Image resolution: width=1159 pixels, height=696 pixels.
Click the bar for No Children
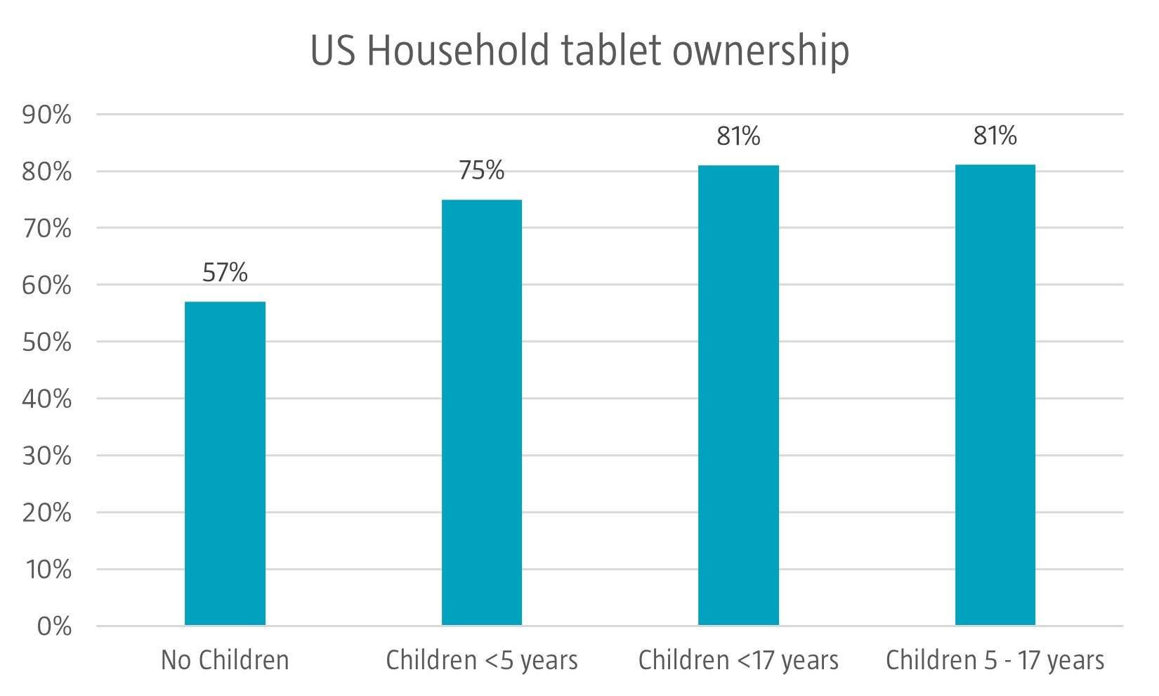click(x=225, y=463)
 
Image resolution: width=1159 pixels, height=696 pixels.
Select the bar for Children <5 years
click(x=482, y=413)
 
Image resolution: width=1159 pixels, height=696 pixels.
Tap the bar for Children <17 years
click(x=738, y=395)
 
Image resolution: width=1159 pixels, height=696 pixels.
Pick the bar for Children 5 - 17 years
click(x=995, y=395)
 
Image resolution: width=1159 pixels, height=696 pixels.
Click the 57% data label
click(x=225, y=273)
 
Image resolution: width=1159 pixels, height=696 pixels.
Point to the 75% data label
click(x=482, y=171)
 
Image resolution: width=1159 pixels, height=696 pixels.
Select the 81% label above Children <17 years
click(x=738, y=136)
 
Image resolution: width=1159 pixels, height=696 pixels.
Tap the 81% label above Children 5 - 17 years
click(x=995, y=136)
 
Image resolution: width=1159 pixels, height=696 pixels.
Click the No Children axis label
click(x=225, y=660)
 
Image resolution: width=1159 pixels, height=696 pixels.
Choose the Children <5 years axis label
click(x=482, y=660)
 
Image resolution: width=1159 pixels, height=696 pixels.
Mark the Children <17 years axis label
click(x=738, y=660)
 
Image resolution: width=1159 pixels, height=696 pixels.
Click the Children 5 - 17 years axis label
click(x=995, y=660)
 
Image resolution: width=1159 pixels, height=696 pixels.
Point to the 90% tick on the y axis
click(x=47, y=115)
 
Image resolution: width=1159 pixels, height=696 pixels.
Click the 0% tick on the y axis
click(x=53, y=626)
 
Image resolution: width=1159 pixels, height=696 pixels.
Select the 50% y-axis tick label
click(x=47, y=342)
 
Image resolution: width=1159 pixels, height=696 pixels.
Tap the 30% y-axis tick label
click(x=47, y=456)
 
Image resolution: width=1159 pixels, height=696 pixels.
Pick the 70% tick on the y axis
click(x=47, y=228)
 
